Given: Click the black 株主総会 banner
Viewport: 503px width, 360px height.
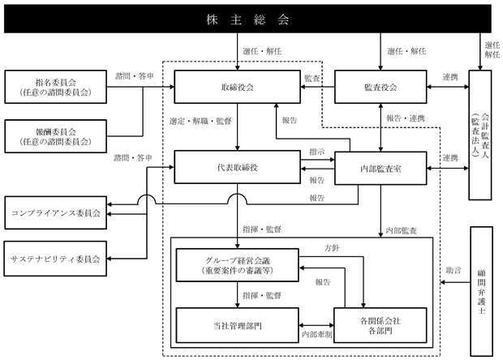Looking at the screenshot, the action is pyautogui.click(x=247, y=19).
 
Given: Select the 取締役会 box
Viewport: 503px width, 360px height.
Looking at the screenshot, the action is pyautogui.click(x=238, y=87).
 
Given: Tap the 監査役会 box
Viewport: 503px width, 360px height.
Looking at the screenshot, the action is pyautogui.click(x=380, y=87).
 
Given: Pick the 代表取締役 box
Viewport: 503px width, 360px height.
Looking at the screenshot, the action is pyautogui.click(x=238, y=167).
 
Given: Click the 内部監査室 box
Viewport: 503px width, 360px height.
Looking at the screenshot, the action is pyautogui.click(x=380, y=169).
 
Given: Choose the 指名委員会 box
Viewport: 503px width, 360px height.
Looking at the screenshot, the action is pyautogui.click(x=55, y=87).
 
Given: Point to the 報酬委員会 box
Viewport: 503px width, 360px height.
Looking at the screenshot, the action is pyautogui.click(x=55, y=136).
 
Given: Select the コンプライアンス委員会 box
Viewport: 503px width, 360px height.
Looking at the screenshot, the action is pyautogui.click(x=55, y=213).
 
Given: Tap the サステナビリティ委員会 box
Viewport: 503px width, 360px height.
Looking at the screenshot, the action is pyautogui.click(x=55, y=259).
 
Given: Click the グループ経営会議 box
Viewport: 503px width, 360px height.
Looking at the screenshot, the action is pyautogui.click(x=238, y=265).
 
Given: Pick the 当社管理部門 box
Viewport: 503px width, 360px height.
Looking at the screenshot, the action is pyautogui.click(x=238, y=325).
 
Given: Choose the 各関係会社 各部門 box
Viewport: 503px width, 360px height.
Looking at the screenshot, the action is pyautogui.click(x=380, y=325).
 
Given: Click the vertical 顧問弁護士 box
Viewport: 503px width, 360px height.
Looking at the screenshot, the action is pyautogui.click(x=481, y=291).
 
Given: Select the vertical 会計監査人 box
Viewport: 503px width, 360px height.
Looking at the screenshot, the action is pyautogui.click(x=480, y=135).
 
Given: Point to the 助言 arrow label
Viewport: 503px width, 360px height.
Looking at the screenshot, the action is pyautogui.click(x=454, y=270).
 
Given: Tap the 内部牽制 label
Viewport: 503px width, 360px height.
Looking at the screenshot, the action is pyautogui.click(x=317, y=335).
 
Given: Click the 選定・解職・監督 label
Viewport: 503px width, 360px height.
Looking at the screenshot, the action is pyautogui.click(x=200, y=121).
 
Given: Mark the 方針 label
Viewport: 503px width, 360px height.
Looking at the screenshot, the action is pyautogui.click(x=332, y=248).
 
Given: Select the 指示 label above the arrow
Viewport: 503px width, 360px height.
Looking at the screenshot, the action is pyautogui.click(x=317, y=152).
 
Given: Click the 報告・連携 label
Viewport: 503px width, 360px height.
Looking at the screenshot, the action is pyautogui.click(x=406, y=118).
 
